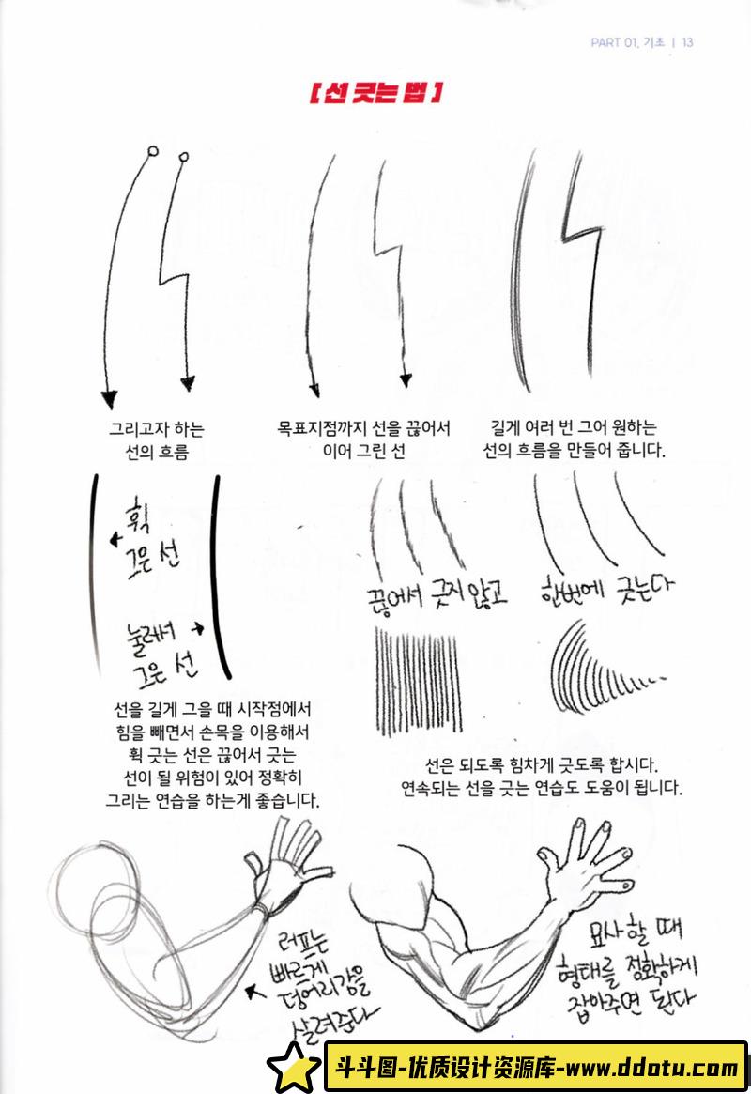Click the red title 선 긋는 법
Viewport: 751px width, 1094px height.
pos(375,93)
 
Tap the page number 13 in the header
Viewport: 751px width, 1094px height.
pos(687,42)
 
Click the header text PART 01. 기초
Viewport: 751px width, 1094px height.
pos(628,42)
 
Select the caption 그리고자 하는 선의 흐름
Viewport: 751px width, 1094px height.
pos(157,440)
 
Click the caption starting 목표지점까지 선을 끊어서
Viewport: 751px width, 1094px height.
pos(363,439)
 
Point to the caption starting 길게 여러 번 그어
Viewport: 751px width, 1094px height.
pos(574,439)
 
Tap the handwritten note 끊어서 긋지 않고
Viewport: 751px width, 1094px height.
pos(437,595)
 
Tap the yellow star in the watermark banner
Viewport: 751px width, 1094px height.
pos(294,1067)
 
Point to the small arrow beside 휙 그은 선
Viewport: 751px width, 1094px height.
pos(115,539)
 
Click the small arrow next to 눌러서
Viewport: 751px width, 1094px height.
pos(198,628)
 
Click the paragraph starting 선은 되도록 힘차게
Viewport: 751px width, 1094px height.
pos(541,777)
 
